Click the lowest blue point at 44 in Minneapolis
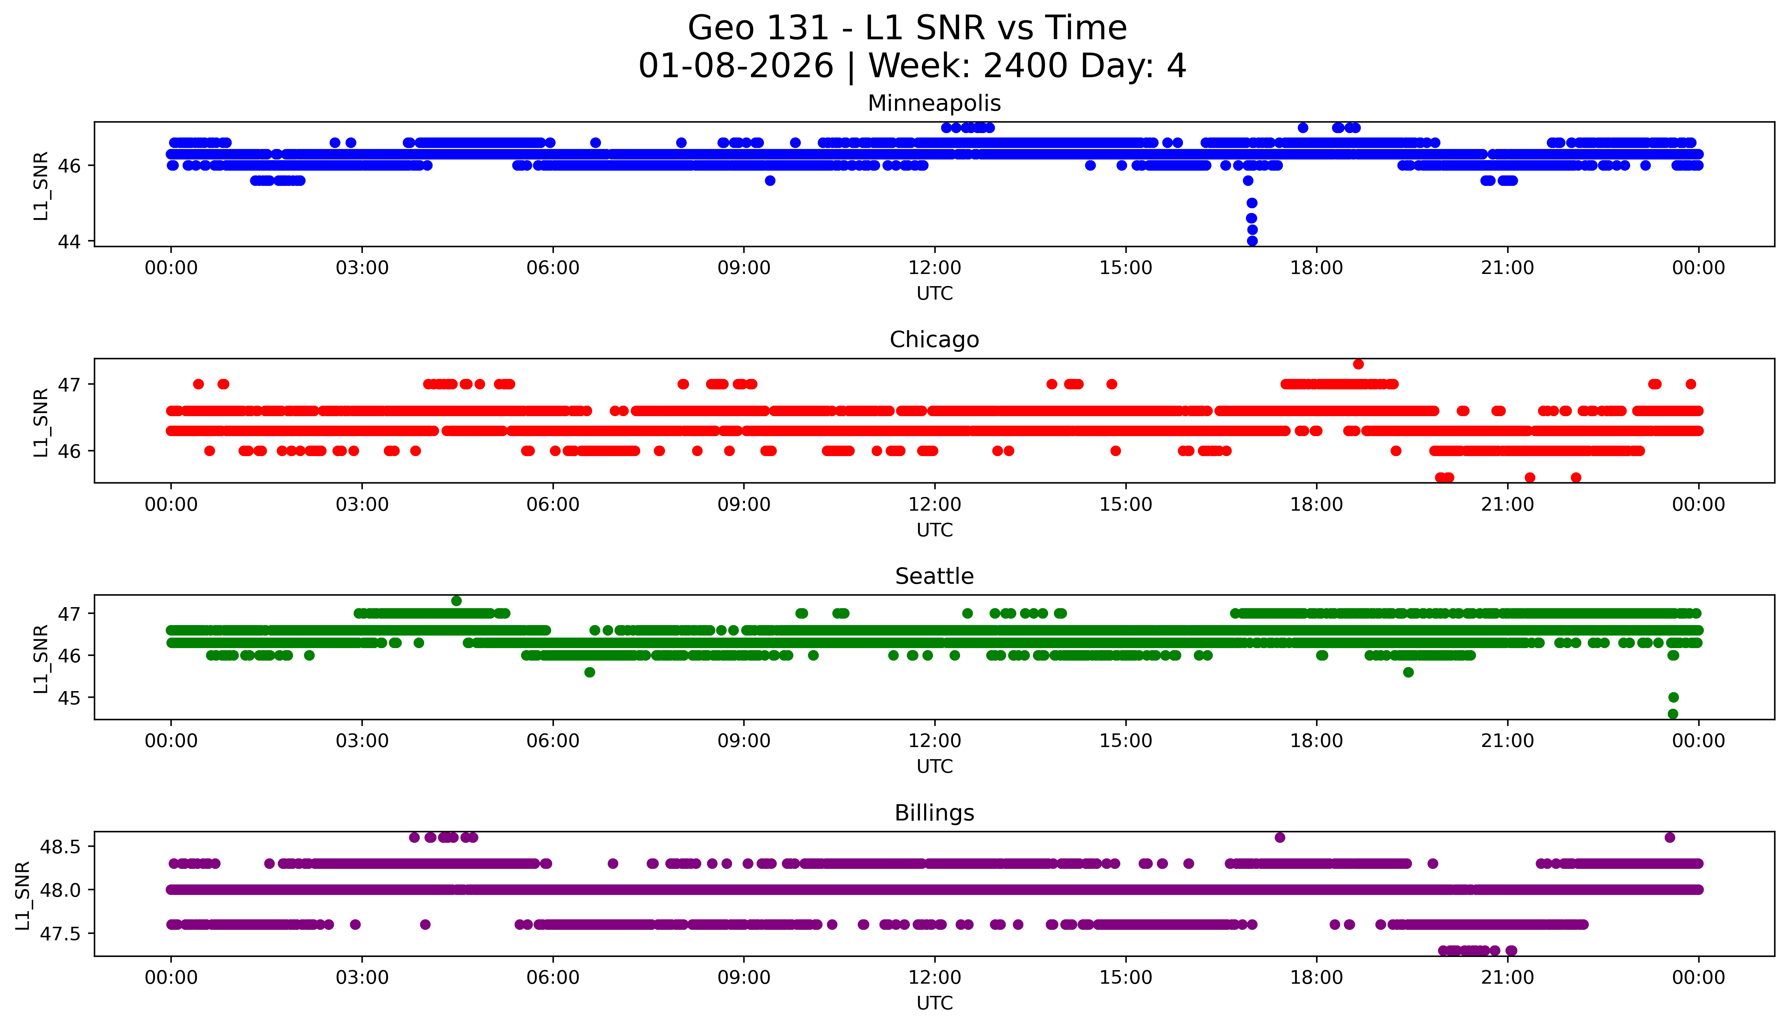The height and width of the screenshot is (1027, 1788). [1252, 240]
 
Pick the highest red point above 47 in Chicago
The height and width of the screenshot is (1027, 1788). [1357, 364]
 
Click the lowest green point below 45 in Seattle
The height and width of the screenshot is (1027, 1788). [1672, 714]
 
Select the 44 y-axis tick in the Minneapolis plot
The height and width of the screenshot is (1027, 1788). [70, 241]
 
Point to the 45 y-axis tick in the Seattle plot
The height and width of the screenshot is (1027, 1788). [70, 698]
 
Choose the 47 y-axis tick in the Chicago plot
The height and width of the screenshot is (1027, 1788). [70, 384]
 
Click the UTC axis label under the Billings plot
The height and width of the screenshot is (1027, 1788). [934, 1002]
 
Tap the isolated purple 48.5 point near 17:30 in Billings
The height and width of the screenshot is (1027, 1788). [1279, 837]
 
